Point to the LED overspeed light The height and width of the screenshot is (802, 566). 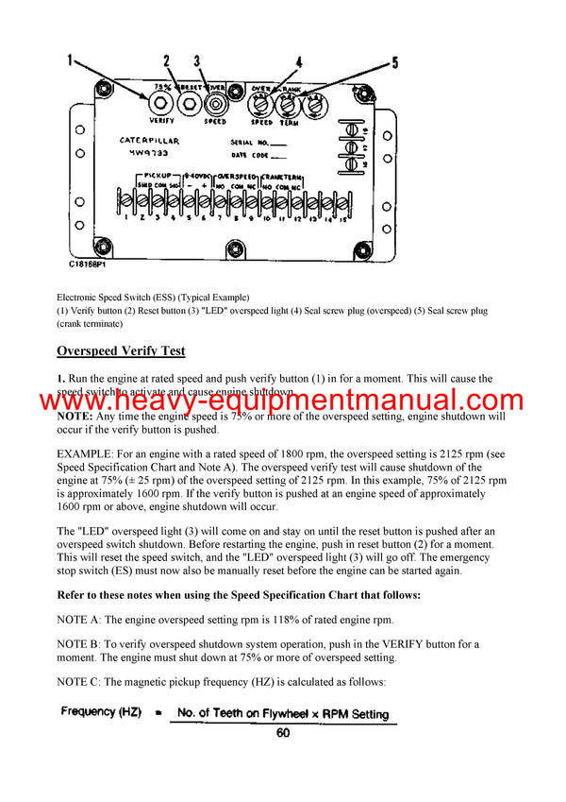[x=216, y=101]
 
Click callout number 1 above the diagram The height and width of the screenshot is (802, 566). [x=69, y=61]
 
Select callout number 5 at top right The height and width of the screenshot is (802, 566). [x=393, y=62]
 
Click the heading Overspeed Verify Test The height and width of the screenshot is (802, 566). [x=121, y=351]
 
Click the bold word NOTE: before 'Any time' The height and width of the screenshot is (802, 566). [x=75, y=416]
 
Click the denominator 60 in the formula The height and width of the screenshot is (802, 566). [x=283, y=732]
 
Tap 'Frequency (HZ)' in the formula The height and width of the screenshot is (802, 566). [x=102, y=714]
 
